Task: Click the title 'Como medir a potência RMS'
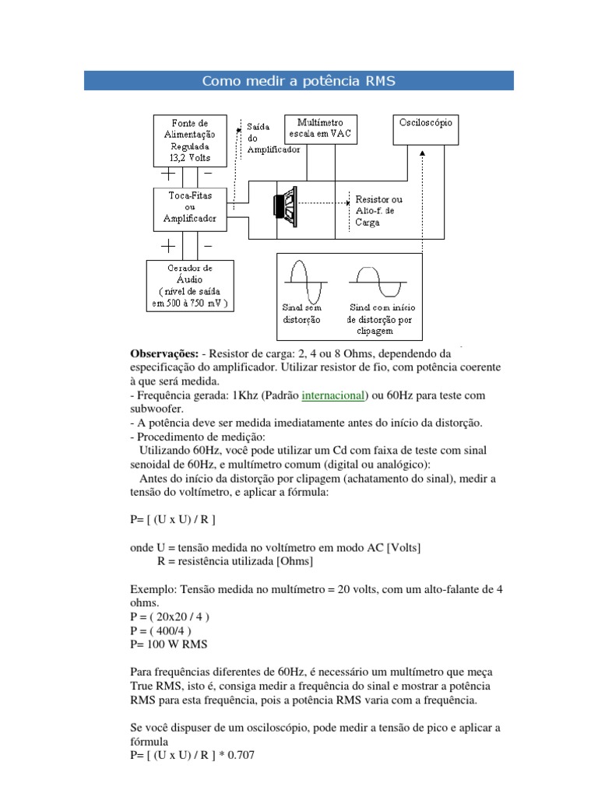tap(299, 81)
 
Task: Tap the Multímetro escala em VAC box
tap(319, 128)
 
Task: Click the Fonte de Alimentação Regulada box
tap(191, 141)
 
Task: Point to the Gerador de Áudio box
tap(190, 286)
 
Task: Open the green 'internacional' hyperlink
tap(333, 395)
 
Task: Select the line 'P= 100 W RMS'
tap(169, 644)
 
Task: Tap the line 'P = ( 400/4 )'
tap(162, 630)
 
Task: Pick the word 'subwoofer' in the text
tap(157, 409)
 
